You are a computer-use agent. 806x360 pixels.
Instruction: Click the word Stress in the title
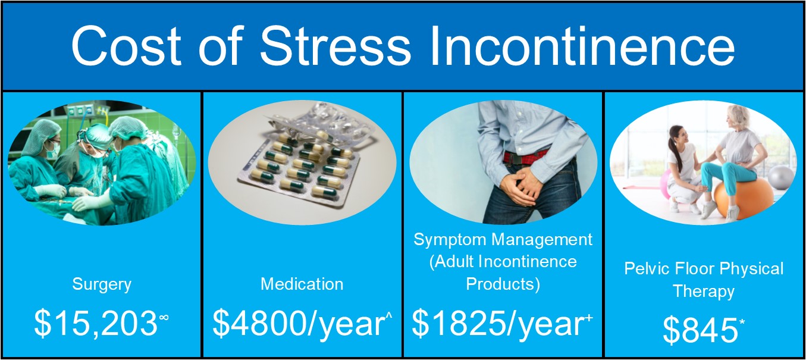[335, 46]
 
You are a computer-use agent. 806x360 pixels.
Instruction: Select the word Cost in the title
[126, 46]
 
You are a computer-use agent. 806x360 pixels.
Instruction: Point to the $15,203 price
[96, 324]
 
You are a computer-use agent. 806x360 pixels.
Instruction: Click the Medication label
[302, 284]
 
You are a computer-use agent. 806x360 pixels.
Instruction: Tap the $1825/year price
[498, 324]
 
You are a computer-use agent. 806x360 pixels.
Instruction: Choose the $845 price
[700, 330]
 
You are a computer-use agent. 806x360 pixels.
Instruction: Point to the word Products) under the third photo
[503, 284]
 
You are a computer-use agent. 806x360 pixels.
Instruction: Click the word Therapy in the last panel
[704, 292]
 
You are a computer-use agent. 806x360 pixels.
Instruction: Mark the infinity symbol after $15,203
[164, 317]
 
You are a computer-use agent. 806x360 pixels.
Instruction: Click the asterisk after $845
[742, 322]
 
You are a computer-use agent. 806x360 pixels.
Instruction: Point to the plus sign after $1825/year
[589, 317]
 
